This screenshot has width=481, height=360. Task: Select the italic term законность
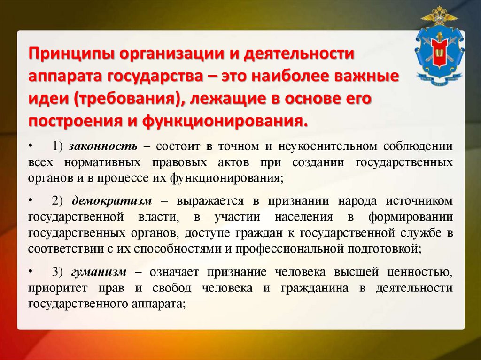pyautogui.click(x=103, y=146)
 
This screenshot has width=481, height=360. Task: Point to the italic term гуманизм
pyautogui.click(x=99, y=272)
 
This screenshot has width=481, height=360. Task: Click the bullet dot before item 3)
pyautogui.click(x=31, y=272)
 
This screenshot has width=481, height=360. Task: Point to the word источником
pyautogui.click(x=419, y=201)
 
